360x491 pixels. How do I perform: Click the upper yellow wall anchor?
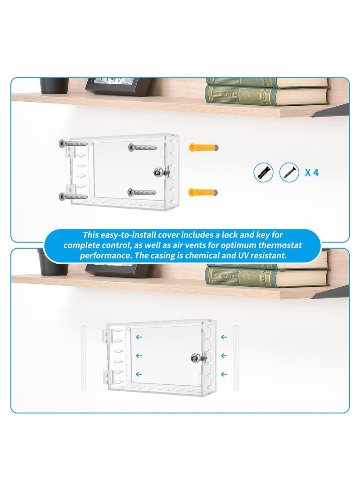coord(203,148)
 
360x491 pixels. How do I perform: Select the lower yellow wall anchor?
coord(203,192)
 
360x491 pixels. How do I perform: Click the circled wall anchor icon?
coord(264,172)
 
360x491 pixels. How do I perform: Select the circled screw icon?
coord(288,172)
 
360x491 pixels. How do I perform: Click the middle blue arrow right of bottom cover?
coord(224,356)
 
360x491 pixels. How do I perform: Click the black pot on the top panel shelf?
coord(54,85)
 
